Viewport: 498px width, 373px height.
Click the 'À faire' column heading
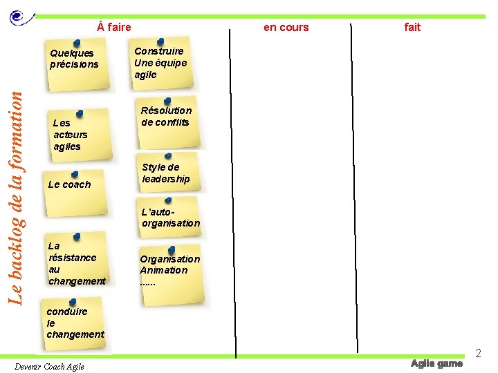(114, 27)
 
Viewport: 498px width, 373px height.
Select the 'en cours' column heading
(286, 27)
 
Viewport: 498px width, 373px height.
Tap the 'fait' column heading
(412, 27)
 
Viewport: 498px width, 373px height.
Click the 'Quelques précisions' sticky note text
(74, 59)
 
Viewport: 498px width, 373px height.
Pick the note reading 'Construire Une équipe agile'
(160, 63)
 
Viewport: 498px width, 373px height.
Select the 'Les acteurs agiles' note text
(70, 135)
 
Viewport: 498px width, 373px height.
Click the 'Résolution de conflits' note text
(166, 116)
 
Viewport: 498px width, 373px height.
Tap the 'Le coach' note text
(69, 184)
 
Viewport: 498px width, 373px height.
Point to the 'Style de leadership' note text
(165, 173)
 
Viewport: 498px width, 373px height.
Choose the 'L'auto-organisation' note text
(170, 218)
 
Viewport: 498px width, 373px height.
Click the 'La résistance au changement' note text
(77, 263)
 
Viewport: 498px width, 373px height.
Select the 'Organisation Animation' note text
(169, 265)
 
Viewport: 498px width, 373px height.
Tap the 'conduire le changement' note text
(75, 323)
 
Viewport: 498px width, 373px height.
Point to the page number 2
(478, 354)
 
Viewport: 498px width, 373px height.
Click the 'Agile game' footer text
(436, 363)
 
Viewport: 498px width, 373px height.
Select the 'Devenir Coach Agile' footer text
(49, 366)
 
